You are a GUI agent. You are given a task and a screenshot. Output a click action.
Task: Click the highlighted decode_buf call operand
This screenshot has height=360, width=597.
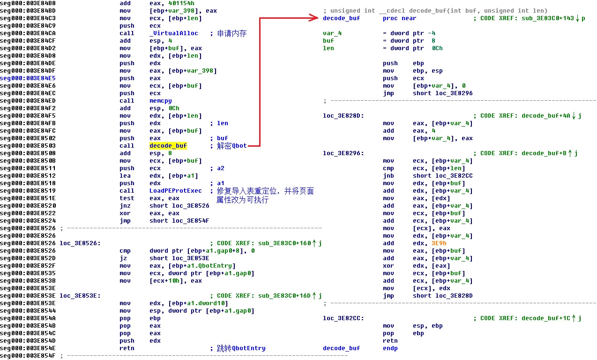point(168,146)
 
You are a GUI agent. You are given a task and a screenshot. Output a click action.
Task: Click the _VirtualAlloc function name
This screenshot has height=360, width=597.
point(173,33)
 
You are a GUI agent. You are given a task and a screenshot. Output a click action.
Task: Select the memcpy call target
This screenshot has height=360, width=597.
point(160,101)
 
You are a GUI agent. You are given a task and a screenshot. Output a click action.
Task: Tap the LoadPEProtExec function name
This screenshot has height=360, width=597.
point(175,191)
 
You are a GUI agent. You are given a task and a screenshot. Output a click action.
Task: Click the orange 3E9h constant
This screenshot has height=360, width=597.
point(439,243)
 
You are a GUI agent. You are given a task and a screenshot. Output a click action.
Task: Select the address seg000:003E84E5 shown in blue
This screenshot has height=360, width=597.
point(28,78)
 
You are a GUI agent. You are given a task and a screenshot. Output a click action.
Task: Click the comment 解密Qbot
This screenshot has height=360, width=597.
point(231,146)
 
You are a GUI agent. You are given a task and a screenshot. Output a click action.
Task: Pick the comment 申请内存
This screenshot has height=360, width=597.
point(231,33)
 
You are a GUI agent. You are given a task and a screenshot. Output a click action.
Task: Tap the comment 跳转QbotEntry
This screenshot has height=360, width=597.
point(241,348)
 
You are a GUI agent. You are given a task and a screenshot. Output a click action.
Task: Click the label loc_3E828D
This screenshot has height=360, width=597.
point(343,116)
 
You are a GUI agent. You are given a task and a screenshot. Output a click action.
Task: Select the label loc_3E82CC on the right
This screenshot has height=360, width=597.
point(343,318)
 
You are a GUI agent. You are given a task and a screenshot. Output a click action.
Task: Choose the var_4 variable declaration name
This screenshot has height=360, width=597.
point(332,33)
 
